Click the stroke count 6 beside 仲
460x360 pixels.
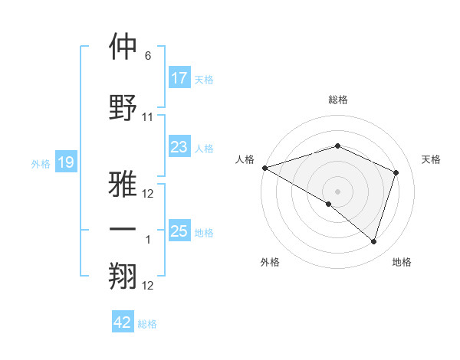point(148,56)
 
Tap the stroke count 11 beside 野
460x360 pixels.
point(148,117)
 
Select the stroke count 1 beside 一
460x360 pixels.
point(148,240)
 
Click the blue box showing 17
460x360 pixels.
point(179,78)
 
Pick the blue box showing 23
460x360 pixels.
point(179,147)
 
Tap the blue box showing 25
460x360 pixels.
point(179,231)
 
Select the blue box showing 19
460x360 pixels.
point(66,162)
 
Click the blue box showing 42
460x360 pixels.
point(123,322)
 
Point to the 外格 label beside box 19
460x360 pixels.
point(41,163)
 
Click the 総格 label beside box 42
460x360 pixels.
point(147,324)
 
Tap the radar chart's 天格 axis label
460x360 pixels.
point(432,159)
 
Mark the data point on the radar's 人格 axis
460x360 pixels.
point(264,168)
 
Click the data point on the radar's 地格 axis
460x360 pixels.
point(373,242)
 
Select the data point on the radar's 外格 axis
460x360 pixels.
point(329,204)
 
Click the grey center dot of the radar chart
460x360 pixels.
point(337,191)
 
